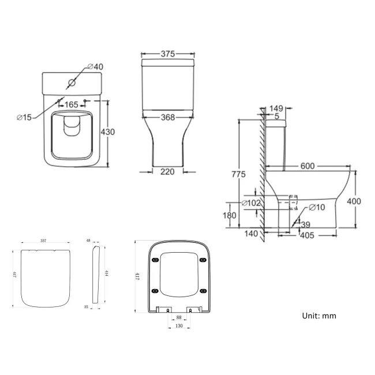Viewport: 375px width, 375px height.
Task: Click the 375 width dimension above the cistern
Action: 168,54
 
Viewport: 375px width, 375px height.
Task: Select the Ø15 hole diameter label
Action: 24,117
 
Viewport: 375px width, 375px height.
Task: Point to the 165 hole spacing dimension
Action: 72,105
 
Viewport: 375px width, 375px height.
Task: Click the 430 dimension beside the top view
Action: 108,132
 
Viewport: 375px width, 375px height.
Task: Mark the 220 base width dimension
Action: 168,171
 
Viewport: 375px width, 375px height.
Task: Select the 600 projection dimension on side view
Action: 307,166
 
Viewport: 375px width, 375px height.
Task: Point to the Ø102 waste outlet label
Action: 252,203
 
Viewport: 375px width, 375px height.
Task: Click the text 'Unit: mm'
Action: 319,316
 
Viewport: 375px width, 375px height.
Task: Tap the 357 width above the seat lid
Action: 43,241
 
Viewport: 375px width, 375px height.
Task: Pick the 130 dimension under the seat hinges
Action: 178,327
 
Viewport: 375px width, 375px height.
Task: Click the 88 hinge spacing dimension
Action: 178,317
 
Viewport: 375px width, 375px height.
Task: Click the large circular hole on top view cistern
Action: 72,82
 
